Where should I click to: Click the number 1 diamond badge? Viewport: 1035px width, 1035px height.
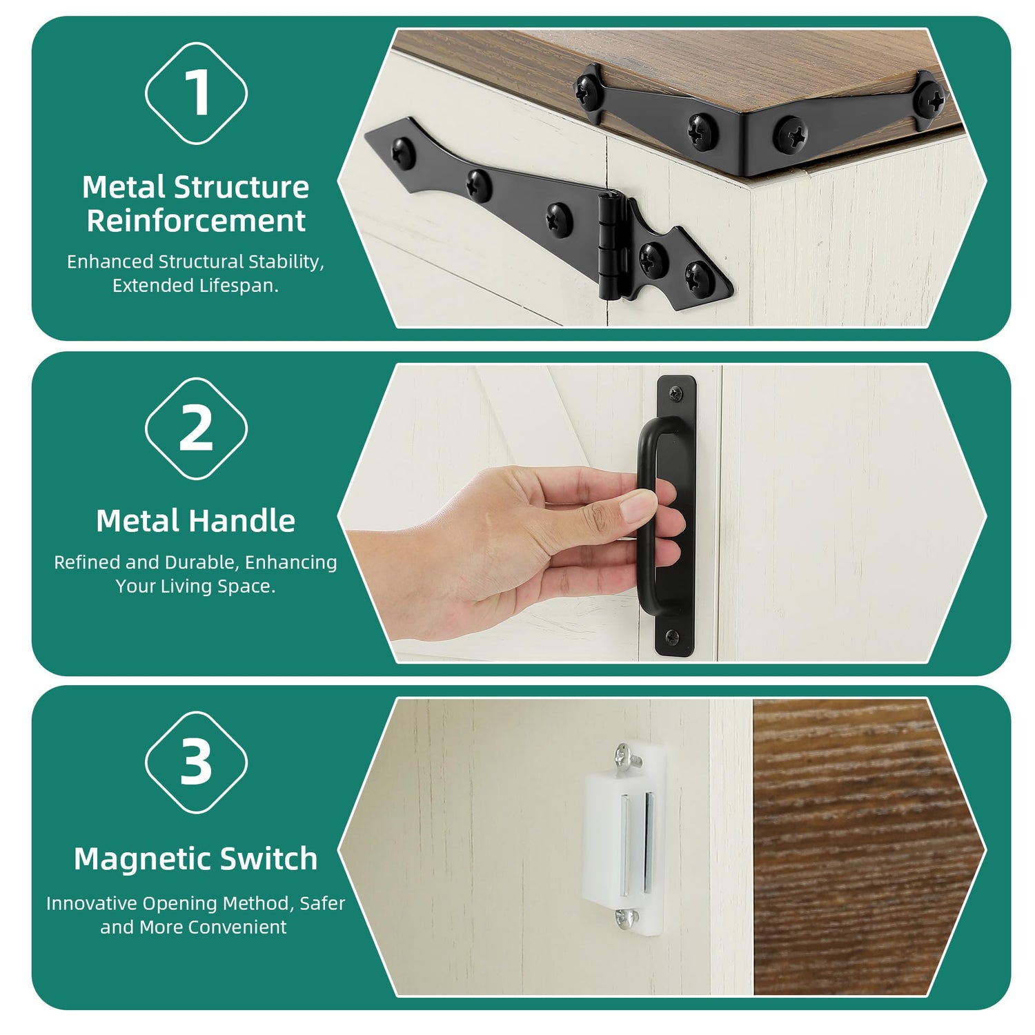tap(196, 93)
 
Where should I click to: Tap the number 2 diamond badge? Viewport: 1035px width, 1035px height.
tap(196, 428)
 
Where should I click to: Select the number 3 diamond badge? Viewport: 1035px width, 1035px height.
tap(196, 762)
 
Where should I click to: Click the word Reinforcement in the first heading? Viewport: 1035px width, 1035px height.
tap(196, 221)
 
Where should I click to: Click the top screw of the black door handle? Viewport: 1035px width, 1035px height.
tap(675, 393)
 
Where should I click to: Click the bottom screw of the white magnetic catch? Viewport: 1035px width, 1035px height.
tap(626, 918)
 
